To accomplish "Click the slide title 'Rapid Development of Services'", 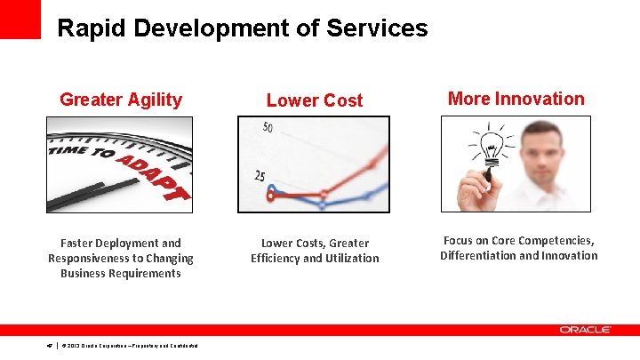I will click(x=242, y=28).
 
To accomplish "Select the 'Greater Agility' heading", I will click(x=120, y=100).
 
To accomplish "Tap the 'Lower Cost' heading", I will click(x=315, y=100).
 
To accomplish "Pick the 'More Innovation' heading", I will click(x=516, y=99).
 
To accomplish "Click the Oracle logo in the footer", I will click(x=585, y=330).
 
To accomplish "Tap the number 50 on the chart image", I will click(x=268, y=128).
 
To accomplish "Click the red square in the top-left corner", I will click(x=20, y=19).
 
